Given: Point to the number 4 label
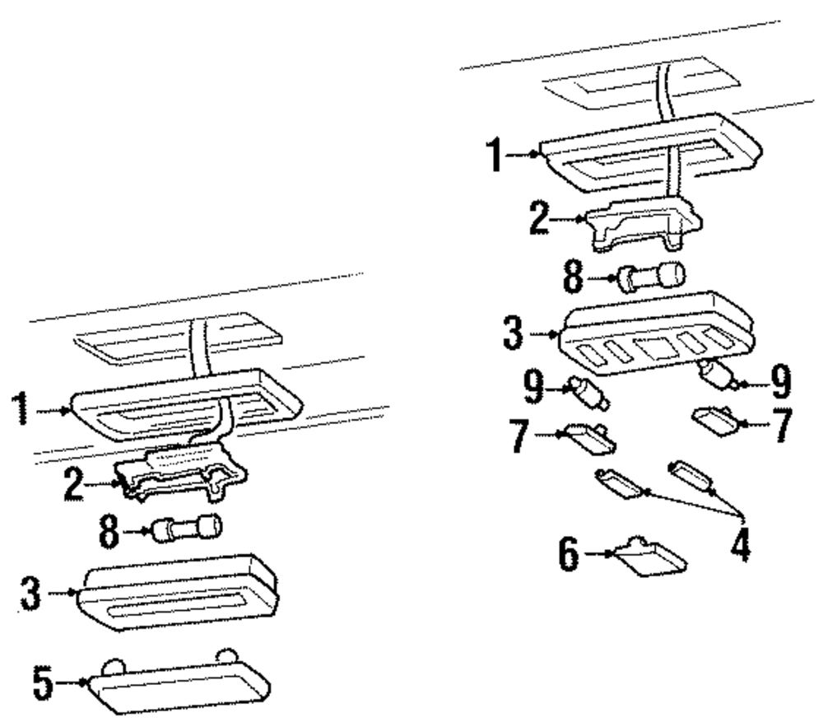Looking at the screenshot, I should pos(742,543).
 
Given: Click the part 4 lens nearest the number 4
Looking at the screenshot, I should pos(695,477).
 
